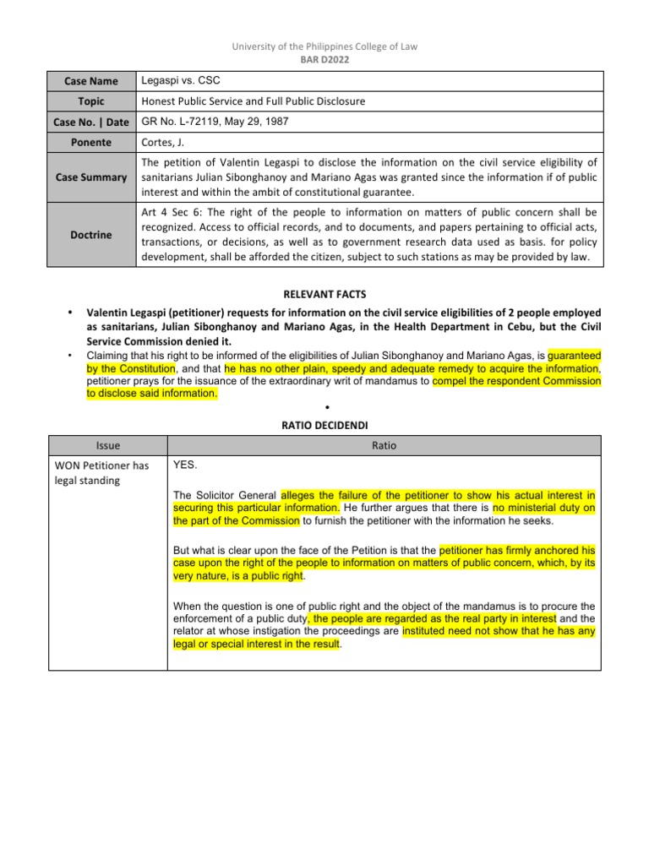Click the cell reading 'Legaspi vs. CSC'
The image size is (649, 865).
(179, 81)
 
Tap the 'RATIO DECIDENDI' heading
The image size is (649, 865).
(324, 426)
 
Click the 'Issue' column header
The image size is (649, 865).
(108, 445)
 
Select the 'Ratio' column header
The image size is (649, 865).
(384, 445)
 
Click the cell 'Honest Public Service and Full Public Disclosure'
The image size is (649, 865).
(254, 101)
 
